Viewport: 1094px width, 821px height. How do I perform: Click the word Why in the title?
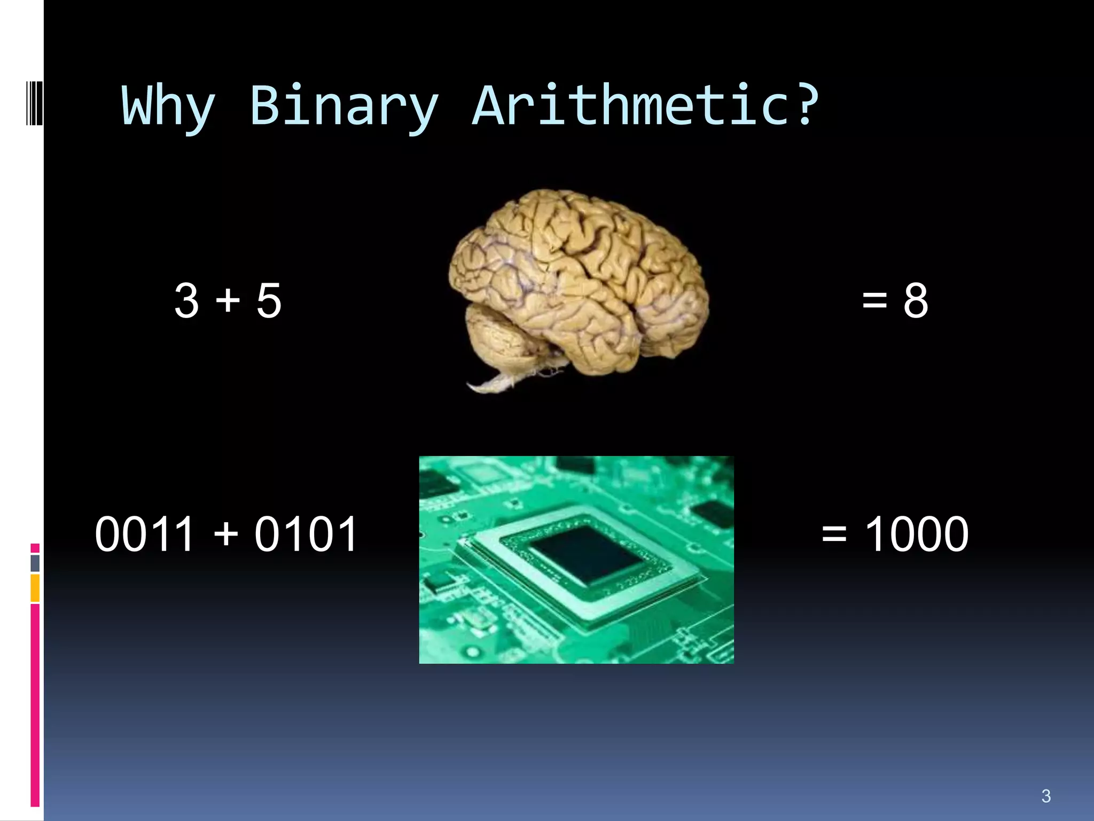[168, 107]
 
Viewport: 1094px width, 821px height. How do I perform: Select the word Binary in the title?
[344, 107]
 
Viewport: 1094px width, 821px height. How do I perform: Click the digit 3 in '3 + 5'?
[187, 301]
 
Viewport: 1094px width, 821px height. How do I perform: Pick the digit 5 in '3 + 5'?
[269, 301]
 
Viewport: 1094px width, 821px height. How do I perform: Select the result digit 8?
[916, 301]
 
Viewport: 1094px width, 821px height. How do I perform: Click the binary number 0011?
[144, 534]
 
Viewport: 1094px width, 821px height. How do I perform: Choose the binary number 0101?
[306, 534]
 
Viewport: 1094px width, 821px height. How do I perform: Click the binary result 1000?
[916, 534]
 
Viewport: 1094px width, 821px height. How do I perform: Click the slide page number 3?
[1046, 796]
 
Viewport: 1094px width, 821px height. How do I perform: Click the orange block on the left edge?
[35, 588]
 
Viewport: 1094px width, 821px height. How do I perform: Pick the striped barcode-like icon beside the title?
[34, 102]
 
